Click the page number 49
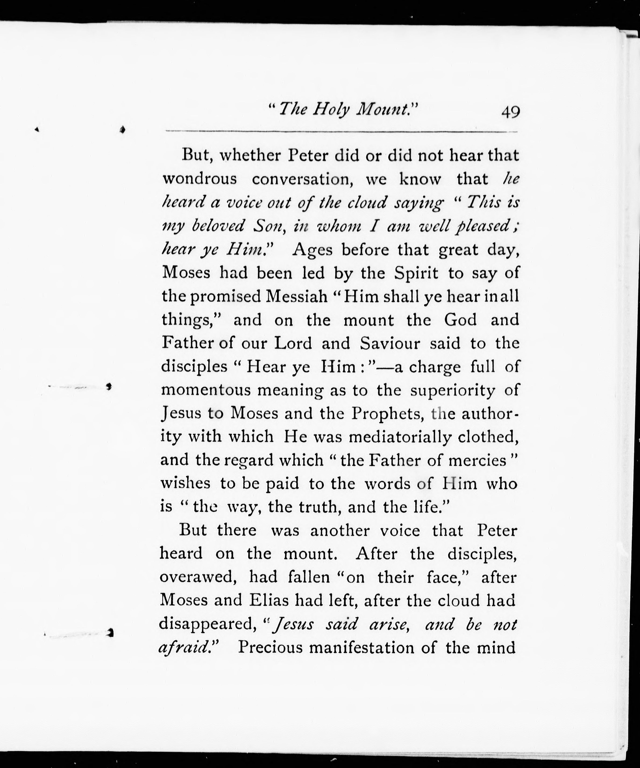click(x=511, y=112)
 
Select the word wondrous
click(x=200, y=179)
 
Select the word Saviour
click(x=390, y=343)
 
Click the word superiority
click(x=452, y=390)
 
